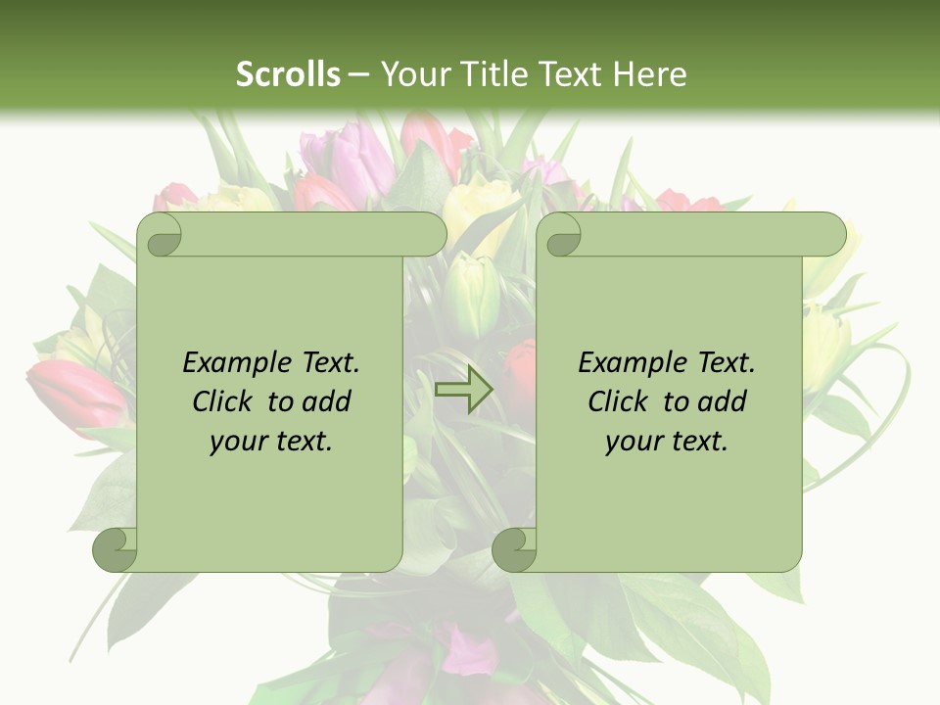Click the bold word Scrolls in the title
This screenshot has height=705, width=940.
point(289,74)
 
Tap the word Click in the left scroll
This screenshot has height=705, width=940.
point(222,401)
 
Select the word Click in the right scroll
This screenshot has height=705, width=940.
point(618,401)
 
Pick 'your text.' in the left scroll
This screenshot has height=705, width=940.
point(271,441)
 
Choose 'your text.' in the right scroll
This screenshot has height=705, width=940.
point(667,441)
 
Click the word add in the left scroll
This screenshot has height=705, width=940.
point(328,401)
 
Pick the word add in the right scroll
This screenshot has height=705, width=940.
point(724,401)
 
